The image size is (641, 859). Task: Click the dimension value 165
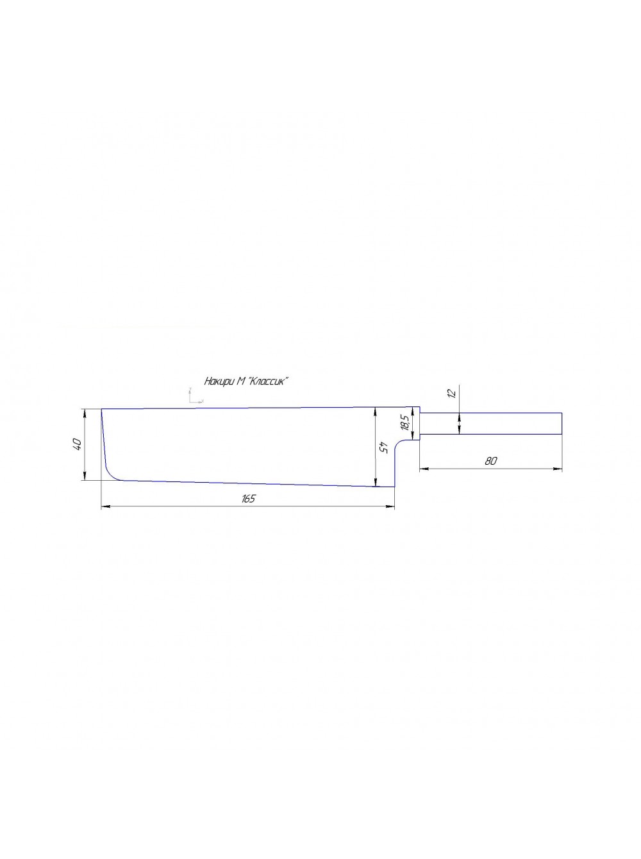(x=249, y=498)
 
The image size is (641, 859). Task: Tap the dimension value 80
(x=490, y=461)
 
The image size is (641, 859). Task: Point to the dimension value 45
(x=384, y=447)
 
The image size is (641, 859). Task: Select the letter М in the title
(x=240, y=381)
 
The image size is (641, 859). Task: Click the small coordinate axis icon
(x=194, y=396)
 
